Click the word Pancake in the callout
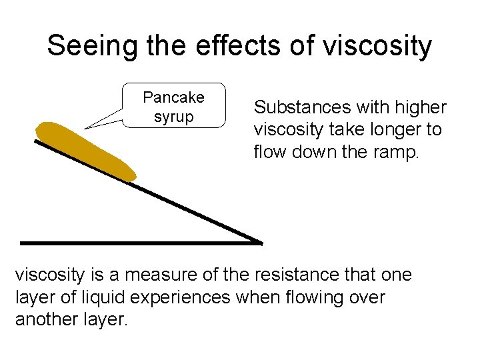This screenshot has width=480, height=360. [x=174, y=97]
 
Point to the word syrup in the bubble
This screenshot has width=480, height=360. [x=174, y=117]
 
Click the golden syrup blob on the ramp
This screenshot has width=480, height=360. [x=87, y=151]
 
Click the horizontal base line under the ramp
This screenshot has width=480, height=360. [x=133, y=242]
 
